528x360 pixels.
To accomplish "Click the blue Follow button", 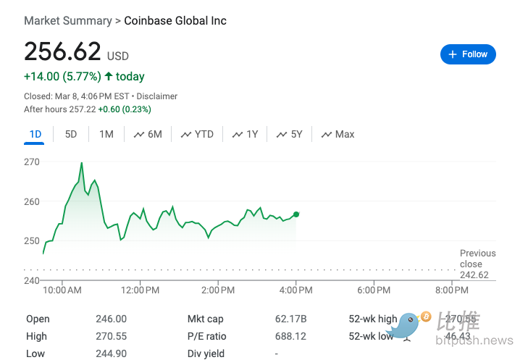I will pyautogui.click(x=468, y=54).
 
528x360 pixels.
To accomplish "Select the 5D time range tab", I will pyautogui.click(x=71, y=134).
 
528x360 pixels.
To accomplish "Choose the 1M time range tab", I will pyautogui.click(x=106, y=134).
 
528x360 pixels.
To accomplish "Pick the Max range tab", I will pyautogui.click(x=338, y=134).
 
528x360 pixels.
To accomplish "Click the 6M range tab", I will pyautogui.click(x=148, y=134).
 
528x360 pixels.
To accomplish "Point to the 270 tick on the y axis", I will pyautogui.click(x=32, y=162).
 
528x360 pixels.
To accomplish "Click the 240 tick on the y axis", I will pyautogui.click(x=32, y=280).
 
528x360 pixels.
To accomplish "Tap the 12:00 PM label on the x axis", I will pyautogui.click(x=140, y=290).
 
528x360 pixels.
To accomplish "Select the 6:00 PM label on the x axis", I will pyautogui.click(x=374, y=290).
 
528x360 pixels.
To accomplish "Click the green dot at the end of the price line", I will pyautogui.click(x=296, y=214).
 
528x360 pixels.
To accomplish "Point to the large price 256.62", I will pyautogui.click(x=63, y=52).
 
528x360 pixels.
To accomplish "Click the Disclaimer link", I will pyautogui.click(x=156, y=96).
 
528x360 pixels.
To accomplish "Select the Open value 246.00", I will pyautogui.click(x=111, y=319).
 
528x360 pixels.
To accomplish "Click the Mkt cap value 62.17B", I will pyautogui.click(x=292, y=319).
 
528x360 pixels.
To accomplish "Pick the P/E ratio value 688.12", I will pyautogui.click(x=292, y=336).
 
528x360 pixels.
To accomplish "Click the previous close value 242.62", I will pyautogui.click(x=474, y=275).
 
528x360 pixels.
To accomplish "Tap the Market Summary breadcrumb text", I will pyautogui.click(x=68, y=21).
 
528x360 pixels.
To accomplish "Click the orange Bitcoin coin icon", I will pyautogui.click(x=426, y=317).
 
